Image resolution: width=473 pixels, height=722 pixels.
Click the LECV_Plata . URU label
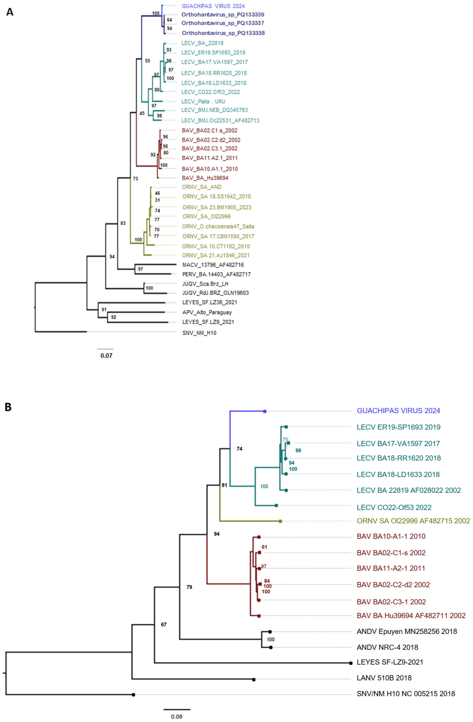pos(203,101)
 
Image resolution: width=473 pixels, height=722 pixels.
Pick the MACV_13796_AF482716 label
pos(213,265)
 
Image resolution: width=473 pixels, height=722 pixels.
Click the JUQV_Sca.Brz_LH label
pos(205,284)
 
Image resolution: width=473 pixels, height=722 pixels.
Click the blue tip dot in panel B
pos(265,411)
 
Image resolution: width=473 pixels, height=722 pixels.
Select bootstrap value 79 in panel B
pos(189,587)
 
